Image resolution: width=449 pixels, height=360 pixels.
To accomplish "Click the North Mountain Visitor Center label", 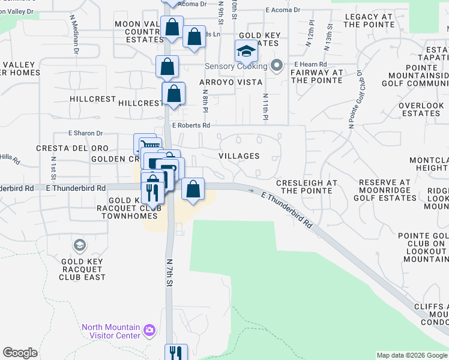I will click(x=111, y=331).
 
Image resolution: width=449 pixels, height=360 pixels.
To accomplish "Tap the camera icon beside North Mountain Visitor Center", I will click(x=149, y=330).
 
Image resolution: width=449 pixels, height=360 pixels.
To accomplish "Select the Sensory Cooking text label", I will click(x=237, y=66).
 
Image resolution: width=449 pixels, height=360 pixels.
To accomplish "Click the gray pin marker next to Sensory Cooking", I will click(x=277, y=65).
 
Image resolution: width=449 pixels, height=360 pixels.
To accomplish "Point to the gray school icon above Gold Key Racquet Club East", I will click(x=79, y=245).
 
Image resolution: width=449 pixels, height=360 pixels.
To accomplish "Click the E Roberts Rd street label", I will click(x=191, y=125).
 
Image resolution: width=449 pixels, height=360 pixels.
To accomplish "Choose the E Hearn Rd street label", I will click(x=310, y=64).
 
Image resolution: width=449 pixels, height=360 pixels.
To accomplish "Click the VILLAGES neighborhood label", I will click(x=239, y=156).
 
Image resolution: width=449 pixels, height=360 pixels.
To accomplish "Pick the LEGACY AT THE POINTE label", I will click(x=369, y=20).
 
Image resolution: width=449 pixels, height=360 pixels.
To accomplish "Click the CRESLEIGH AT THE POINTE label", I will click(x=306, y=187).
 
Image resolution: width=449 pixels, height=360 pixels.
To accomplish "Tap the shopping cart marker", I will click(x=148, y=145).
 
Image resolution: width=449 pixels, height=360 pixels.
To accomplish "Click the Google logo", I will click(x=20, y=353).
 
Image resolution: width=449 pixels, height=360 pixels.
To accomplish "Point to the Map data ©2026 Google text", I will click(x=411, y=355).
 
